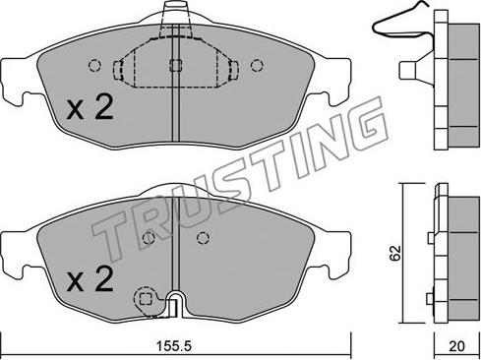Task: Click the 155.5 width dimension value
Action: coord(173,346)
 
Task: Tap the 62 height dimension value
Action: coord(395,253)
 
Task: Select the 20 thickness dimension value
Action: coord(456,346)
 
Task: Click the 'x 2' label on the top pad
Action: coord(90,107)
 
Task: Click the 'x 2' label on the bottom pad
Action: coord(90,279)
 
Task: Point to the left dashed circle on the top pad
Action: coord(94,66)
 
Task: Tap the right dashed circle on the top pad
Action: coord(257,66)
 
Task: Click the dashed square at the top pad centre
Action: coord(175,65)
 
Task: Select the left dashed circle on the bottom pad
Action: coord(149,238)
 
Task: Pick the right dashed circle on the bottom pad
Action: coord(203,238)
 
